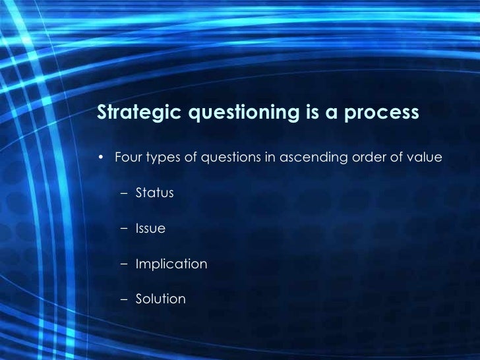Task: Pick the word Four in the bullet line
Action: pos(127,158)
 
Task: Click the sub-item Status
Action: pos(154,193)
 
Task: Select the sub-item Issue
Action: pos(150,229)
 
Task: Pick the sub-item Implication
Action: pos(171,264)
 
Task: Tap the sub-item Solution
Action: pos(160,299)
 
